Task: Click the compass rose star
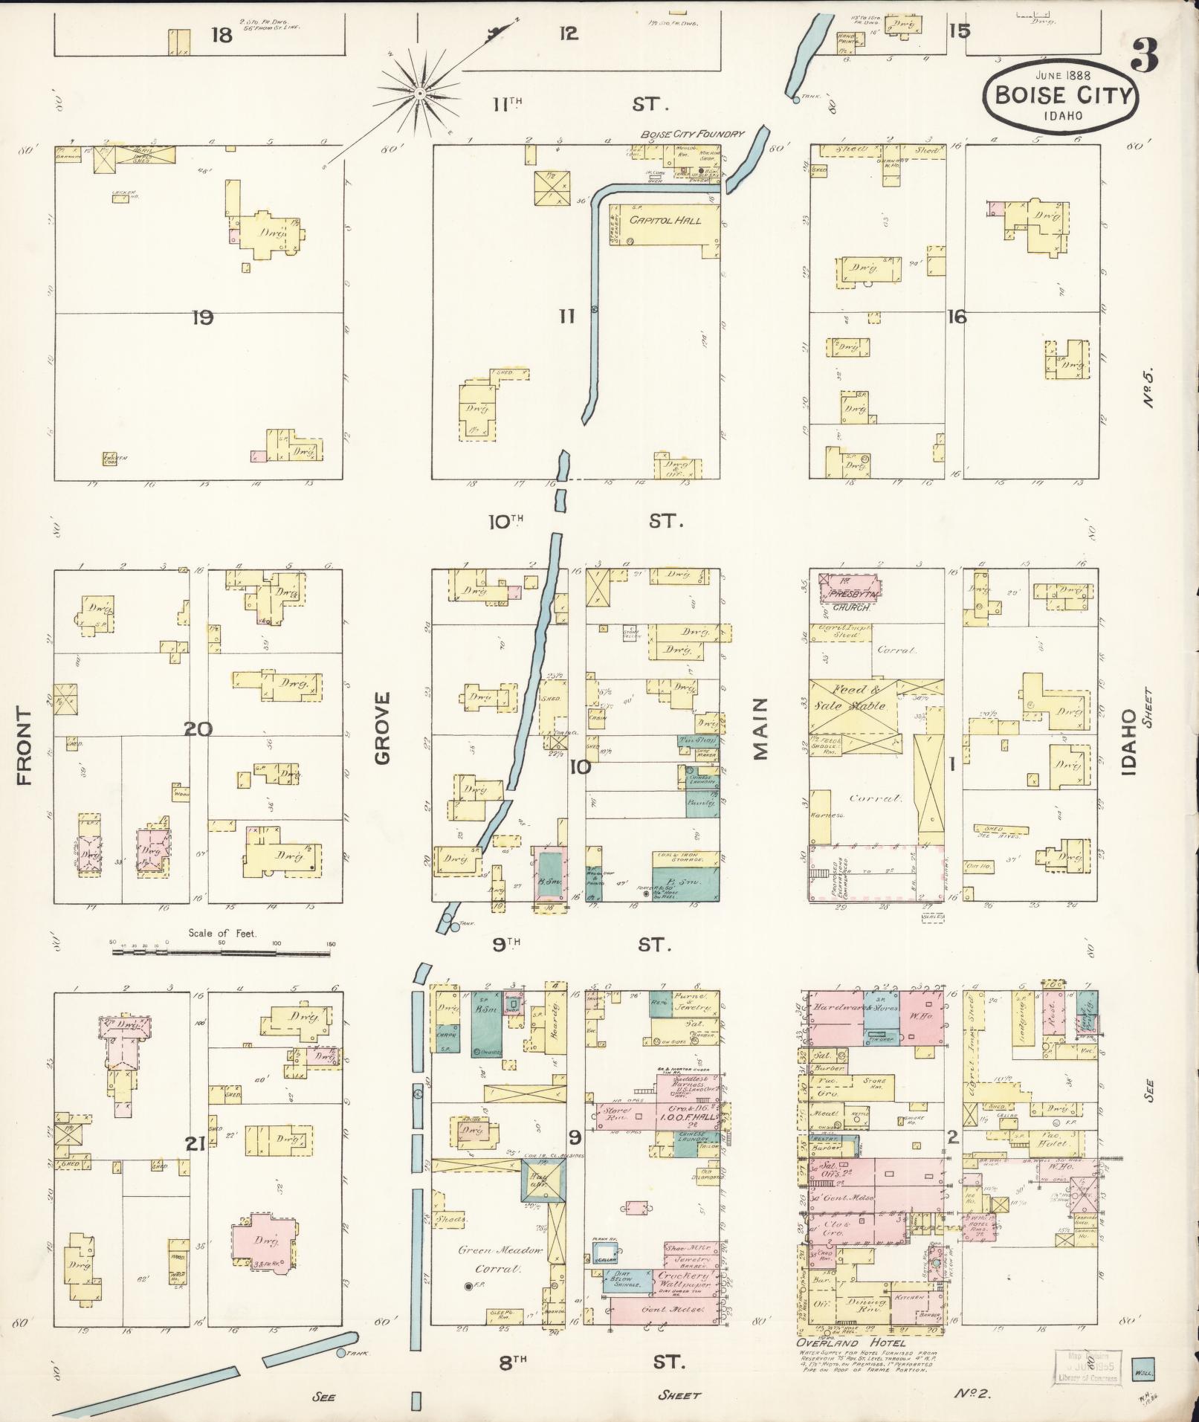(420, 93)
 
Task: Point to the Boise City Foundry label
(692, 135)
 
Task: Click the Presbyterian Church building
(849, 592)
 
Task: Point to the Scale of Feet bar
(223, 944)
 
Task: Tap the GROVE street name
(382, 728)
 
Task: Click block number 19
(202, 318)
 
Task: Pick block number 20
(199, 729)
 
